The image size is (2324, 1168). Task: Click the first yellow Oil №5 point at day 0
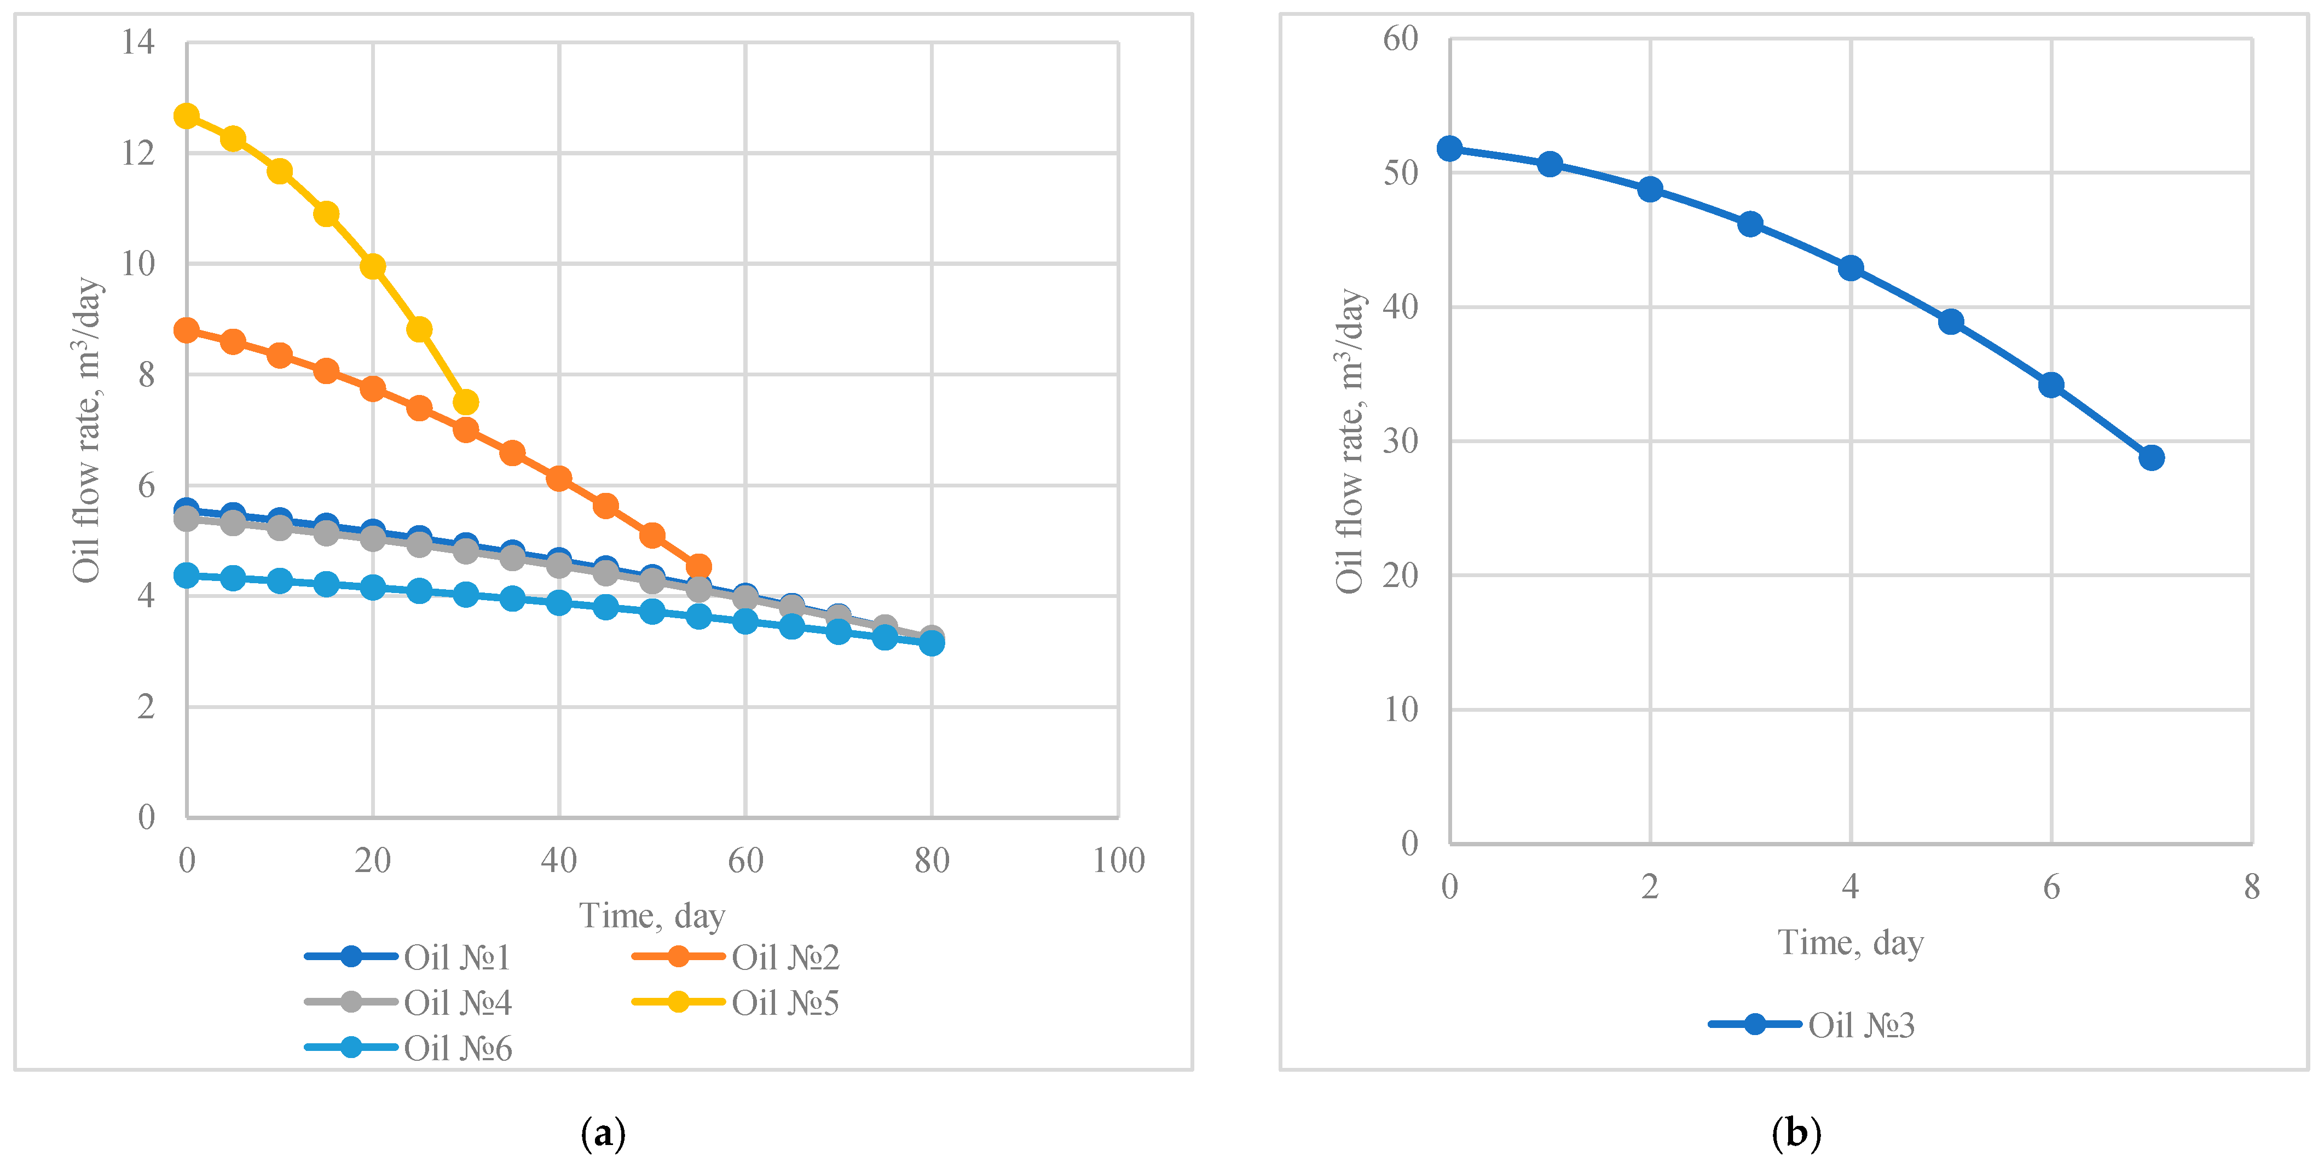point(187,117)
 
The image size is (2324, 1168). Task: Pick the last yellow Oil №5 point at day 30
point(466,402)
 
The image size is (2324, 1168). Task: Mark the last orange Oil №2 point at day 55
point(698,567)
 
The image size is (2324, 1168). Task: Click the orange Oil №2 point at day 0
point(187,330)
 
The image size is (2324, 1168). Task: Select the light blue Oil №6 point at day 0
point(187,576)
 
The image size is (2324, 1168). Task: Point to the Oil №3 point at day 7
point(2152,458)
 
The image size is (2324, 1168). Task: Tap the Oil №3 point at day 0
point(1450,149)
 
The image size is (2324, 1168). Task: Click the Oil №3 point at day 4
point(1851,269)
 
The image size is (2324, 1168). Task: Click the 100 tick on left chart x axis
point(1119,861)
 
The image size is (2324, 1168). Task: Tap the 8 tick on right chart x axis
point(2252,887)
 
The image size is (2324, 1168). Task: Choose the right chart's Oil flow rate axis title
point(1350,442)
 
